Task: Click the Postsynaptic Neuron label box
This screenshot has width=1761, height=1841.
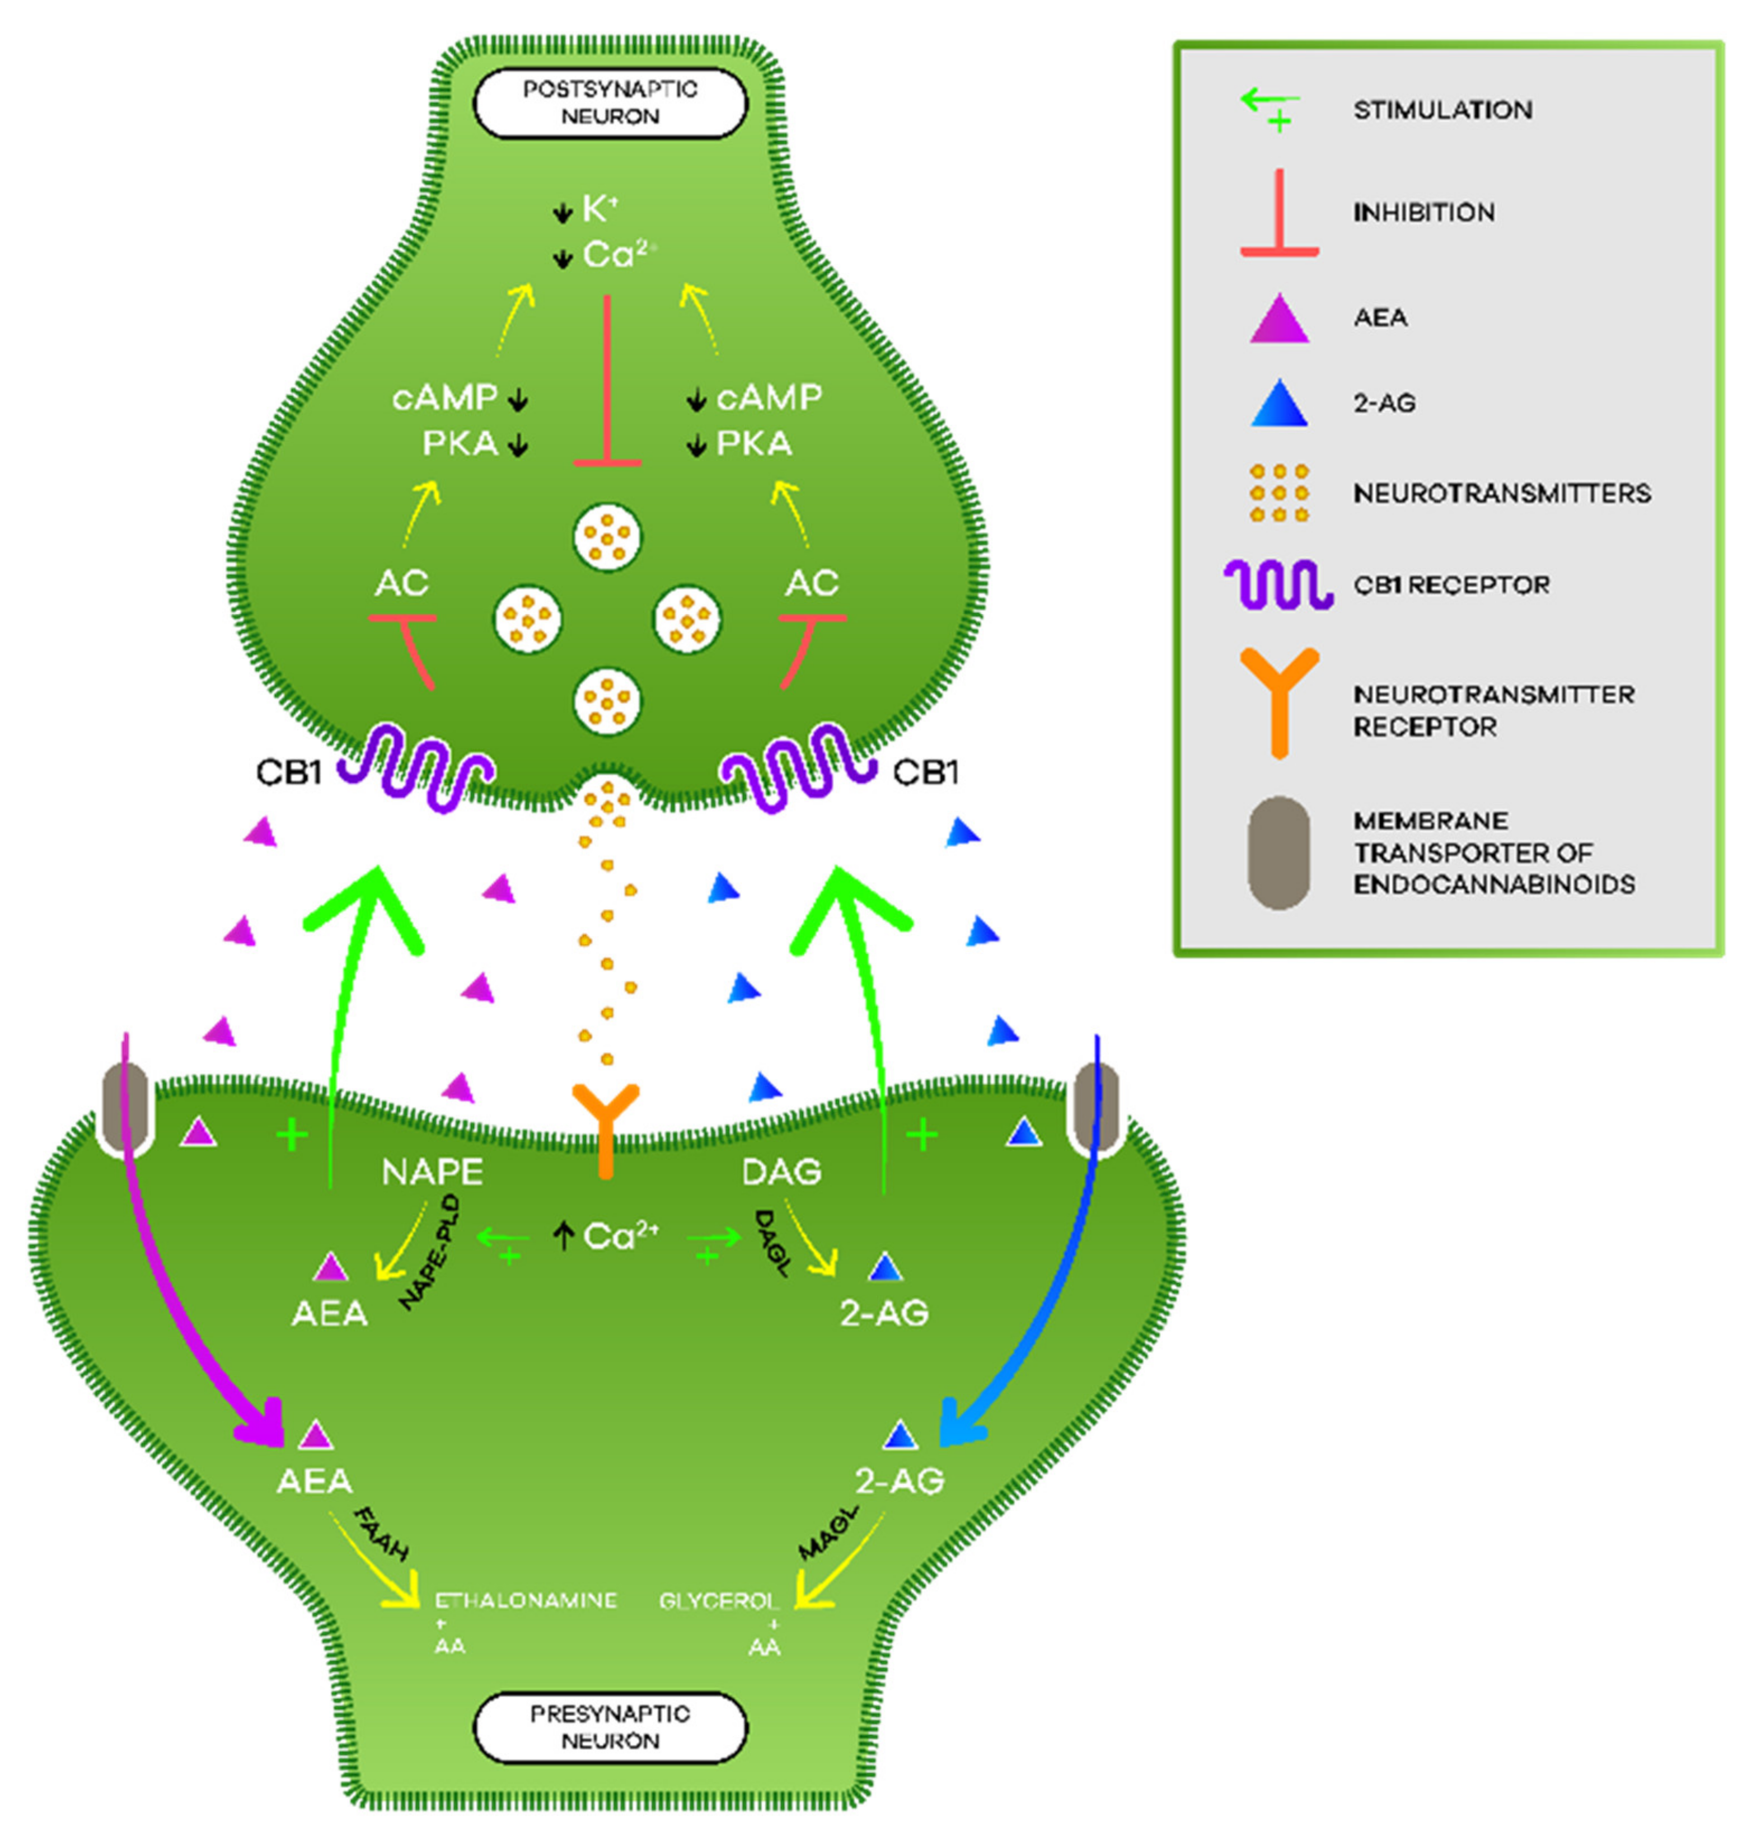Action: point(610,102)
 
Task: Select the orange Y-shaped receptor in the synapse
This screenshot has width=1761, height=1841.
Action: point(606,1127)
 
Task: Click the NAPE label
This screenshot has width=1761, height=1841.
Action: point(432,1172)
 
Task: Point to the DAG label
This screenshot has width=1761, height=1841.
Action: point(781,1172)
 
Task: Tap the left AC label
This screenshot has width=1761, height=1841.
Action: point(402,583)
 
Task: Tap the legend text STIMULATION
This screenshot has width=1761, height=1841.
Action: point(1442,110)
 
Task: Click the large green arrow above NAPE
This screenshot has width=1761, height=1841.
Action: point(362,939)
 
